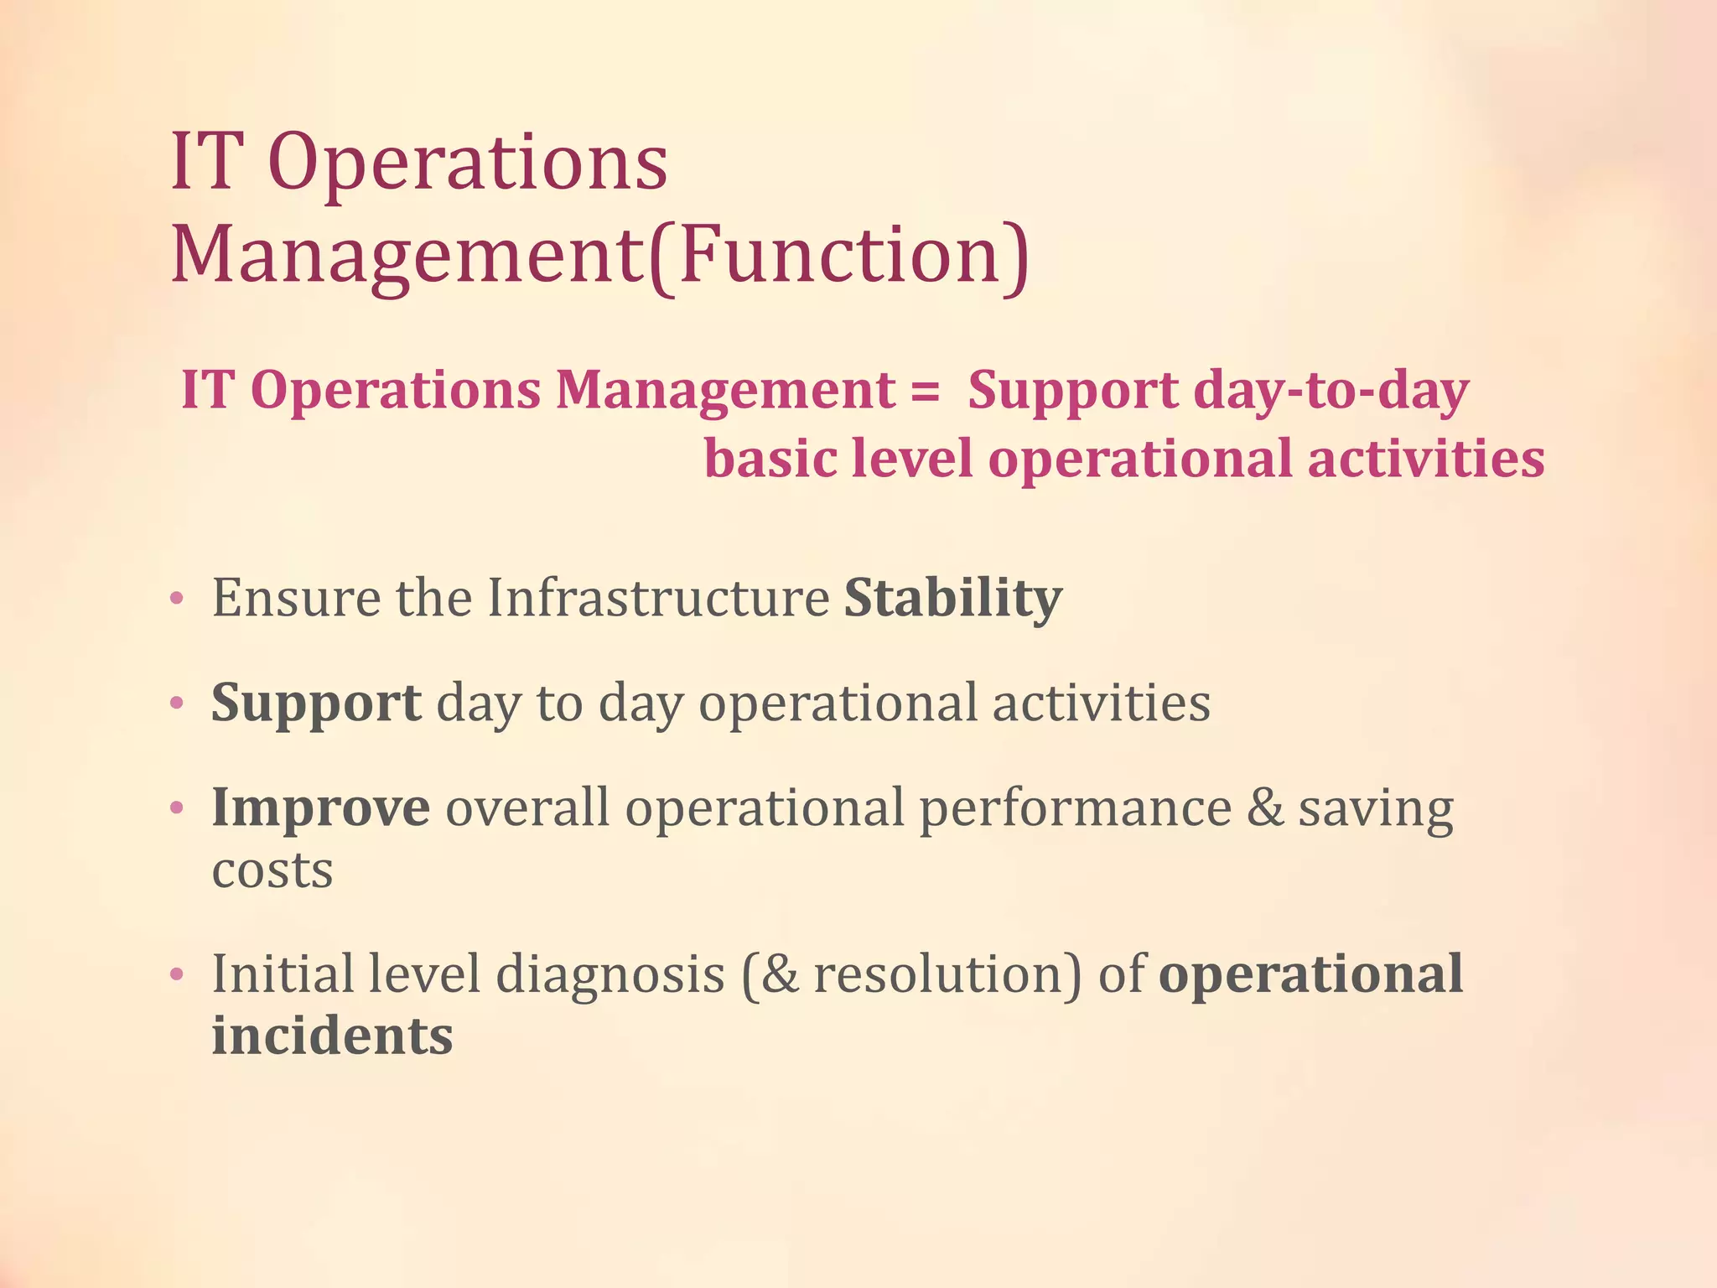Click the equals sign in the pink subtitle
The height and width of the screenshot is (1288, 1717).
point(925,392)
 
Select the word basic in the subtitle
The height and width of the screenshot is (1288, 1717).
point(770,460)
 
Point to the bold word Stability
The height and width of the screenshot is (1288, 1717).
point(952,598)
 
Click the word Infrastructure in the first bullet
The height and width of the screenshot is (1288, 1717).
point(658,598)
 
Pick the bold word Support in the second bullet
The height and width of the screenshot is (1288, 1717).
point(315,703)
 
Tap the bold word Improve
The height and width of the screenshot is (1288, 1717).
point(320,808)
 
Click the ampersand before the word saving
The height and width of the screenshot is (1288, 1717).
point(1264,808)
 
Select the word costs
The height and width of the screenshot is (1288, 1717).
point(272,870)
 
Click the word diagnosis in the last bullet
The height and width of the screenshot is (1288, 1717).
point(610,974)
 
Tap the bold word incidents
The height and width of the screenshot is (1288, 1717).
point(332,1036)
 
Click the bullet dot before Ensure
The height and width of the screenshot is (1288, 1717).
point(176,600)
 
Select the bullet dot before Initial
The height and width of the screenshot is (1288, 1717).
point(176,976)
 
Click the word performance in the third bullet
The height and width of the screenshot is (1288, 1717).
point(1075,809)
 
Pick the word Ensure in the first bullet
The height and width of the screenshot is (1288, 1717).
point(296,598)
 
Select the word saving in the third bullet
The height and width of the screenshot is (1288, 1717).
point(1376,809)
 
